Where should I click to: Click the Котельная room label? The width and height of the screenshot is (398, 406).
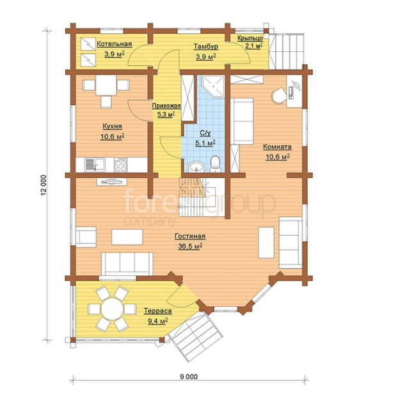[115, 43]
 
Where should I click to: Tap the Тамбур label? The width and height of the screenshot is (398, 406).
[206, 46]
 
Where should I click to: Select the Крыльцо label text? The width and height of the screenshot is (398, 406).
[250, 38]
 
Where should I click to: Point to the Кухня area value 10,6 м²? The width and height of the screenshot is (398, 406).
[112, 136]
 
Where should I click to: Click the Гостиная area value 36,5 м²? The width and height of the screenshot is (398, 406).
[190, 246]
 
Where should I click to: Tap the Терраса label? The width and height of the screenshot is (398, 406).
[158, 311]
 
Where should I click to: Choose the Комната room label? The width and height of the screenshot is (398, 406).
[277, 147]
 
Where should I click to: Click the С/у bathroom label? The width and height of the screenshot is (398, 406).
[205, 133]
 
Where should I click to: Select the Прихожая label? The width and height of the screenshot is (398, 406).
[166, 105]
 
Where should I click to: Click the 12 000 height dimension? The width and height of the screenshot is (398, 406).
[44, 185]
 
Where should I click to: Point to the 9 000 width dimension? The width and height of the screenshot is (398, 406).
[189, 376]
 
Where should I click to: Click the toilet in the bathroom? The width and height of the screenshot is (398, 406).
[215, 164]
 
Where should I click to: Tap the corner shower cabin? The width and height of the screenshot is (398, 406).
[213, 86]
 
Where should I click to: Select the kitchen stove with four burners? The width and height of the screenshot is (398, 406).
[120, 165]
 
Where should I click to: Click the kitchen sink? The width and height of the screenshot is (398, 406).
[95, 165]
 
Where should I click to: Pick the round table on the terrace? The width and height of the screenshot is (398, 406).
[112, 309]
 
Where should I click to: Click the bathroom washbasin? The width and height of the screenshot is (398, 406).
[196, 166]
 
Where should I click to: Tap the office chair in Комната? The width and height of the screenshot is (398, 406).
[278, 96]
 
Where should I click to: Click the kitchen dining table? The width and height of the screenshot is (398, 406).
[106, 85]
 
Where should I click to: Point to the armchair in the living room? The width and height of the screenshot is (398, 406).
[86, 237]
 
